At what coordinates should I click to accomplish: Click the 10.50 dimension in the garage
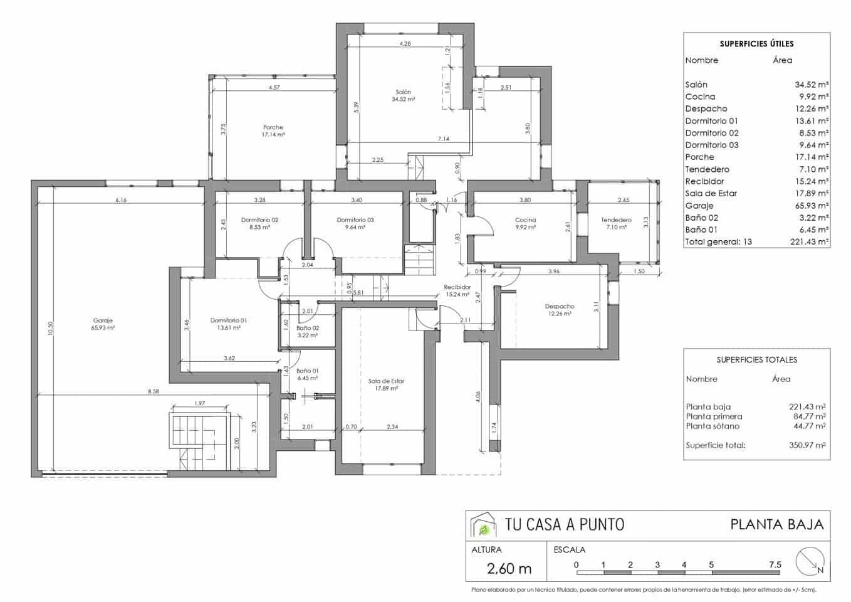coord(51,329)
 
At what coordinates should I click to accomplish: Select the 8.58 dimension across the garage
coord(153,391)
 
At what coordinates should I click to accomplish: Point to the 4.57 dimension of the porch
coord(274,88)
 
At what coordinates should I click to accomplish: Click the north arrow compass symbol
coord(809,561)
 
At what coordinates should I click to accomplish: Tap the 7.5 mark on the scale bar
coord(775,565)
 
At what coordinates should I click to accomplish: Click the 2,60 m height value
coord(509,569)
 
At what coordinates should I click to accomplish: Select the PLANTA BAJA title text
coord(776,524)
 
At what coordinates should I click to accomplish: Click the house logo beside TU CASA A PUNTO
coord(483,525)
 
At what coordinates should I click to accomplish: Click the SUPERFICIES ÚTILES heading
coord(756,44)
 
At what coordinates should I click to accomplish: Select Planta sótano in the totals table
coord(713,426)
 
